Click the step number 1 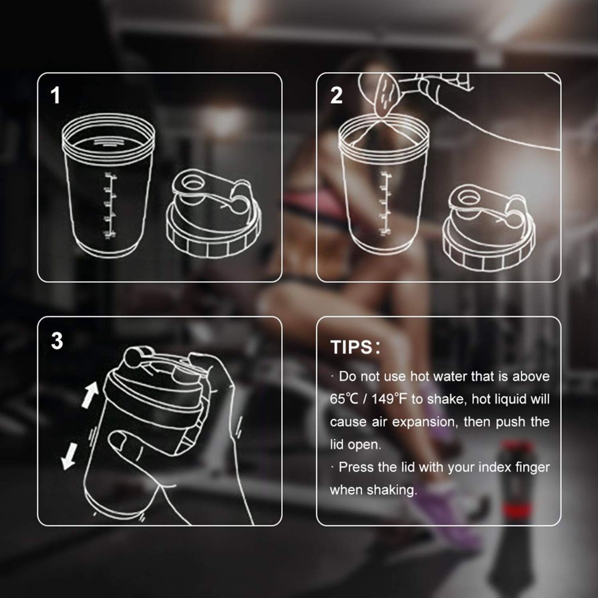pyautogui.click(x=56, y=96)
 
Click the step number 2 pyautogui.click(x=337, y=96)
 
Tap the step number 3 pyautogui.click(x=57, y=341)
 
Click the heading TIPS pyautogui.click(x=352, y=347)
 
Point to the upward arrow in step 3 pyautogui.click(x=90, y=395)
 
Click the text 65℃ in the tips pyautogui.click(x=344, y=399)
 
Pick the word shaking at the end pyautogui.click(x=391, y=490)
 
